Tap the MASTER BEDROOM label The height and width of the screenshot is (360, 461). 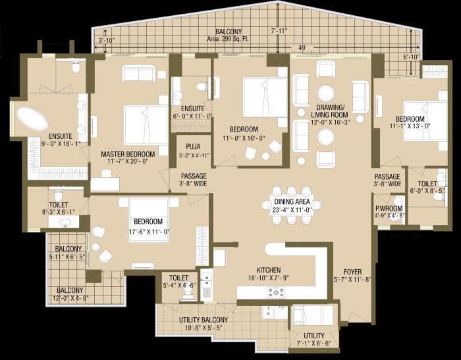127,154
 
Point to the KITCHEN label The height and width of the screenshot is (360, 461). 268,270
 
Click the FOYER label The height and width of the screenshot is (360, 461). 353,271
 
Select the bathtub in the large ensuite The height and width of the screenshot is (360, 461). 31,120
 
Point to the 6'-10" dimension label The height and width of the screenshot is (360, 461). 411,57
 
